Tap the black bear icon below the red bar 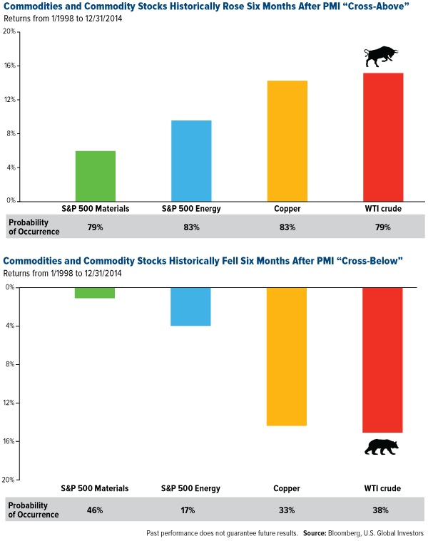382,448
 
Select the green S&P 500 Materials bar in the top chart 95,176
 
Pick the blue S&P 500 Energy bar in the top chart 191,161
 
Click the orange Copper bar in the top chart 287,141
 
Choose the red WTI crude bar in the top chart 382,137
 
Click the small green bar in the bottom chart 95,292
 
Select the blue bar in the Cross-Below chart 191,306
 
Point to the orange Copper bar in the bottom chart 287,356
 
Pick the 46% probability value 95,510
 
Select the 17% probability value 191,510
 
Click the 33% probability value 287,510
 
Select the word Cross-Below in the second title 369,261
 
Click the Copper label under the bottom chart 287,488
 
